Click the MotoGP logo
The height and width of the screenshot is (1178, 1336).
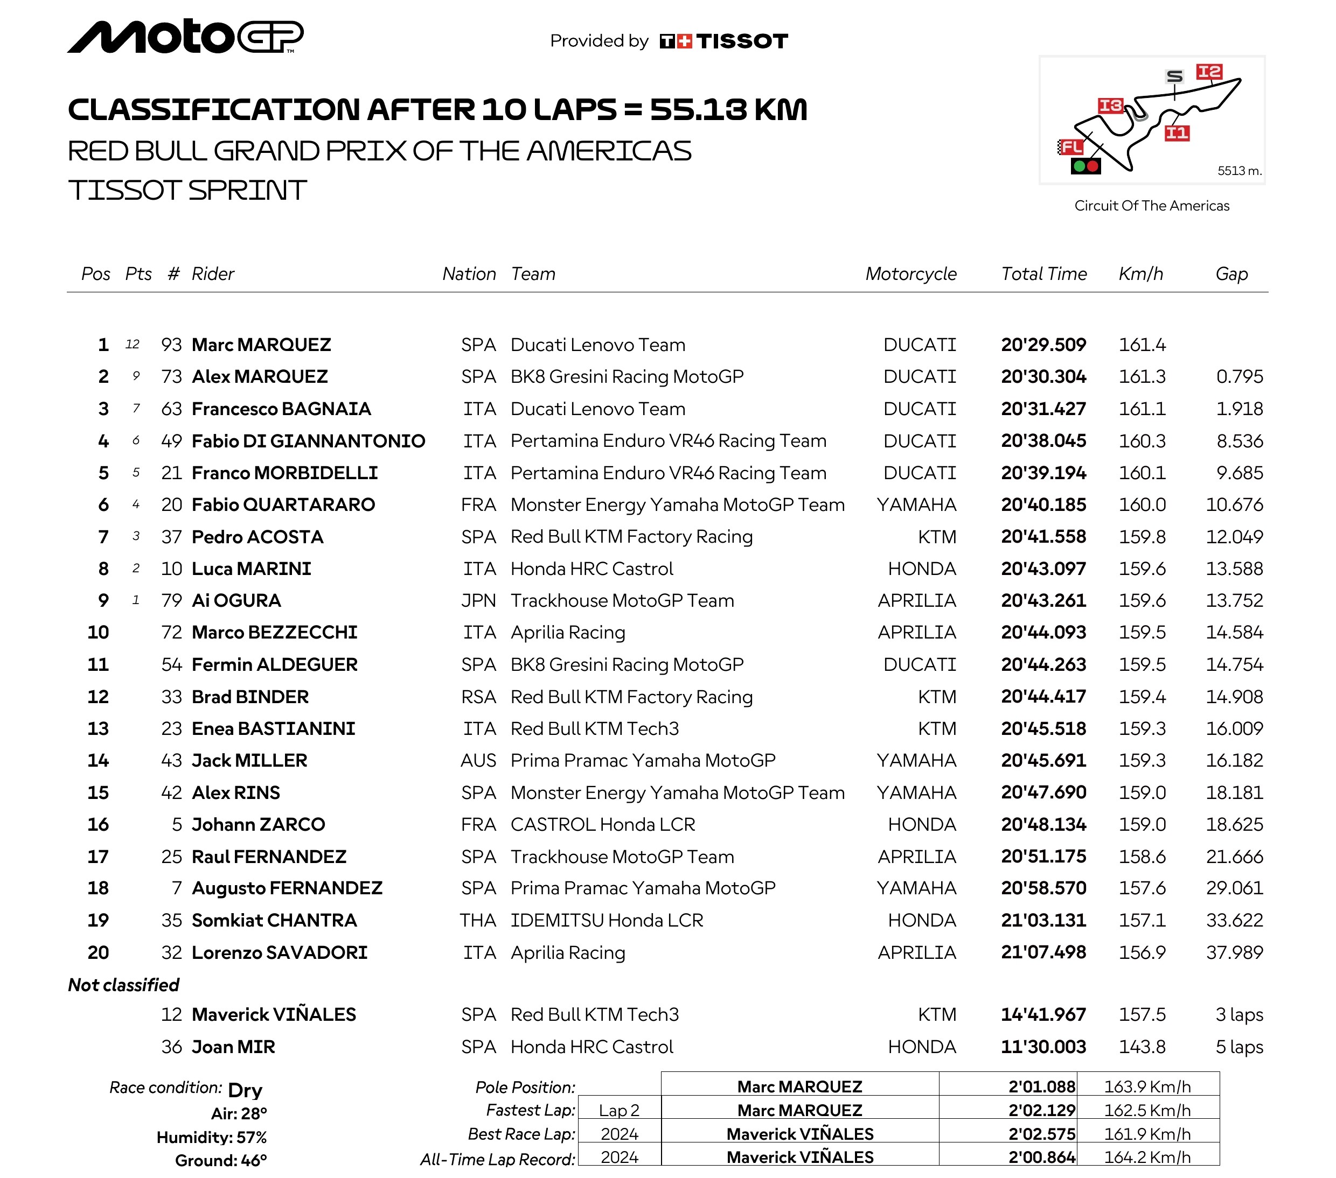coord(185,37)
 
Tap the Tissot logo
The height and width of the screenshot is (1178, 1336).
coord(723,41)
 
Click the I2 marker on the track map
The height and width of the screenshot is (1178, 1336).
coord(1208,71)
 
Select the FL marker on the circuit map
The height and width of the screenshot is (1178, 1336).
coord(1071,147)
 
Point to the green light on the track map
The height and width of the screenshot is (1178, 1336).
coord(1079,166)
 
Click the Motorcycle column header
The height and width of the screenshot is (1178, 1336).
coord(910,274)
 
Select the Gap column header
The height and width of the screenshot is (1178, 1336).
coord(1231,274)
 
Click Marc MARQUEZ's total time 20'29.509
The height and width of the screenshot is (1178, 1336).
coord(1043,345)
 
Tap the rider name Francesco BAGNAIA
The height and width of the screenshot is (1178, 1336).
coord(281,409)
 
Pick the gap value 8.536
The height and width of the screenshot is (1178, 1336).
coord(1239,441)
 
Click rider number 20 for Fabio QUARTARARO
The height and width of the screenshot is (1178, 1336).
coord(171,505)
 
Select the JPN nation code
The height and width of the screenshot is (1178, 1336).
coord(478,600)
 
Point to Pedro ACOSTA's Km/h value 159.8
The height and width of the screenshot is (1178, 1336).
coord(1142,537)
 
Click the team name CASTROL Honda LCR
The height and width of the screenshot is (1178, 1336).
coord(603,824)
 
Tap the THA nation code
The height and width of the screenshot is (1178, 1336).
coord(478,921)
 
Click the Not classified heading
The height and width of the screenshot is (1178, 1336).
coord(123,985)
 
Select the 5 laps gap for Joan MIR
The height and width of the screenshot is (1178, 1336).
coord(1238,1047)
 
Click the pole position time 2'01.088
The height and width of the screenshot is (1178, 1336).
coord(1041,1086)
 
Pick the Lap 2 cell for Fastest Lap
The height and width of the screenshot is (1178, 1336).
coord(619,1110)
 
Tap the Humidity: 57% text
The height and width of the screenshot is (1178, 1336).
coord(212,1138)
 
